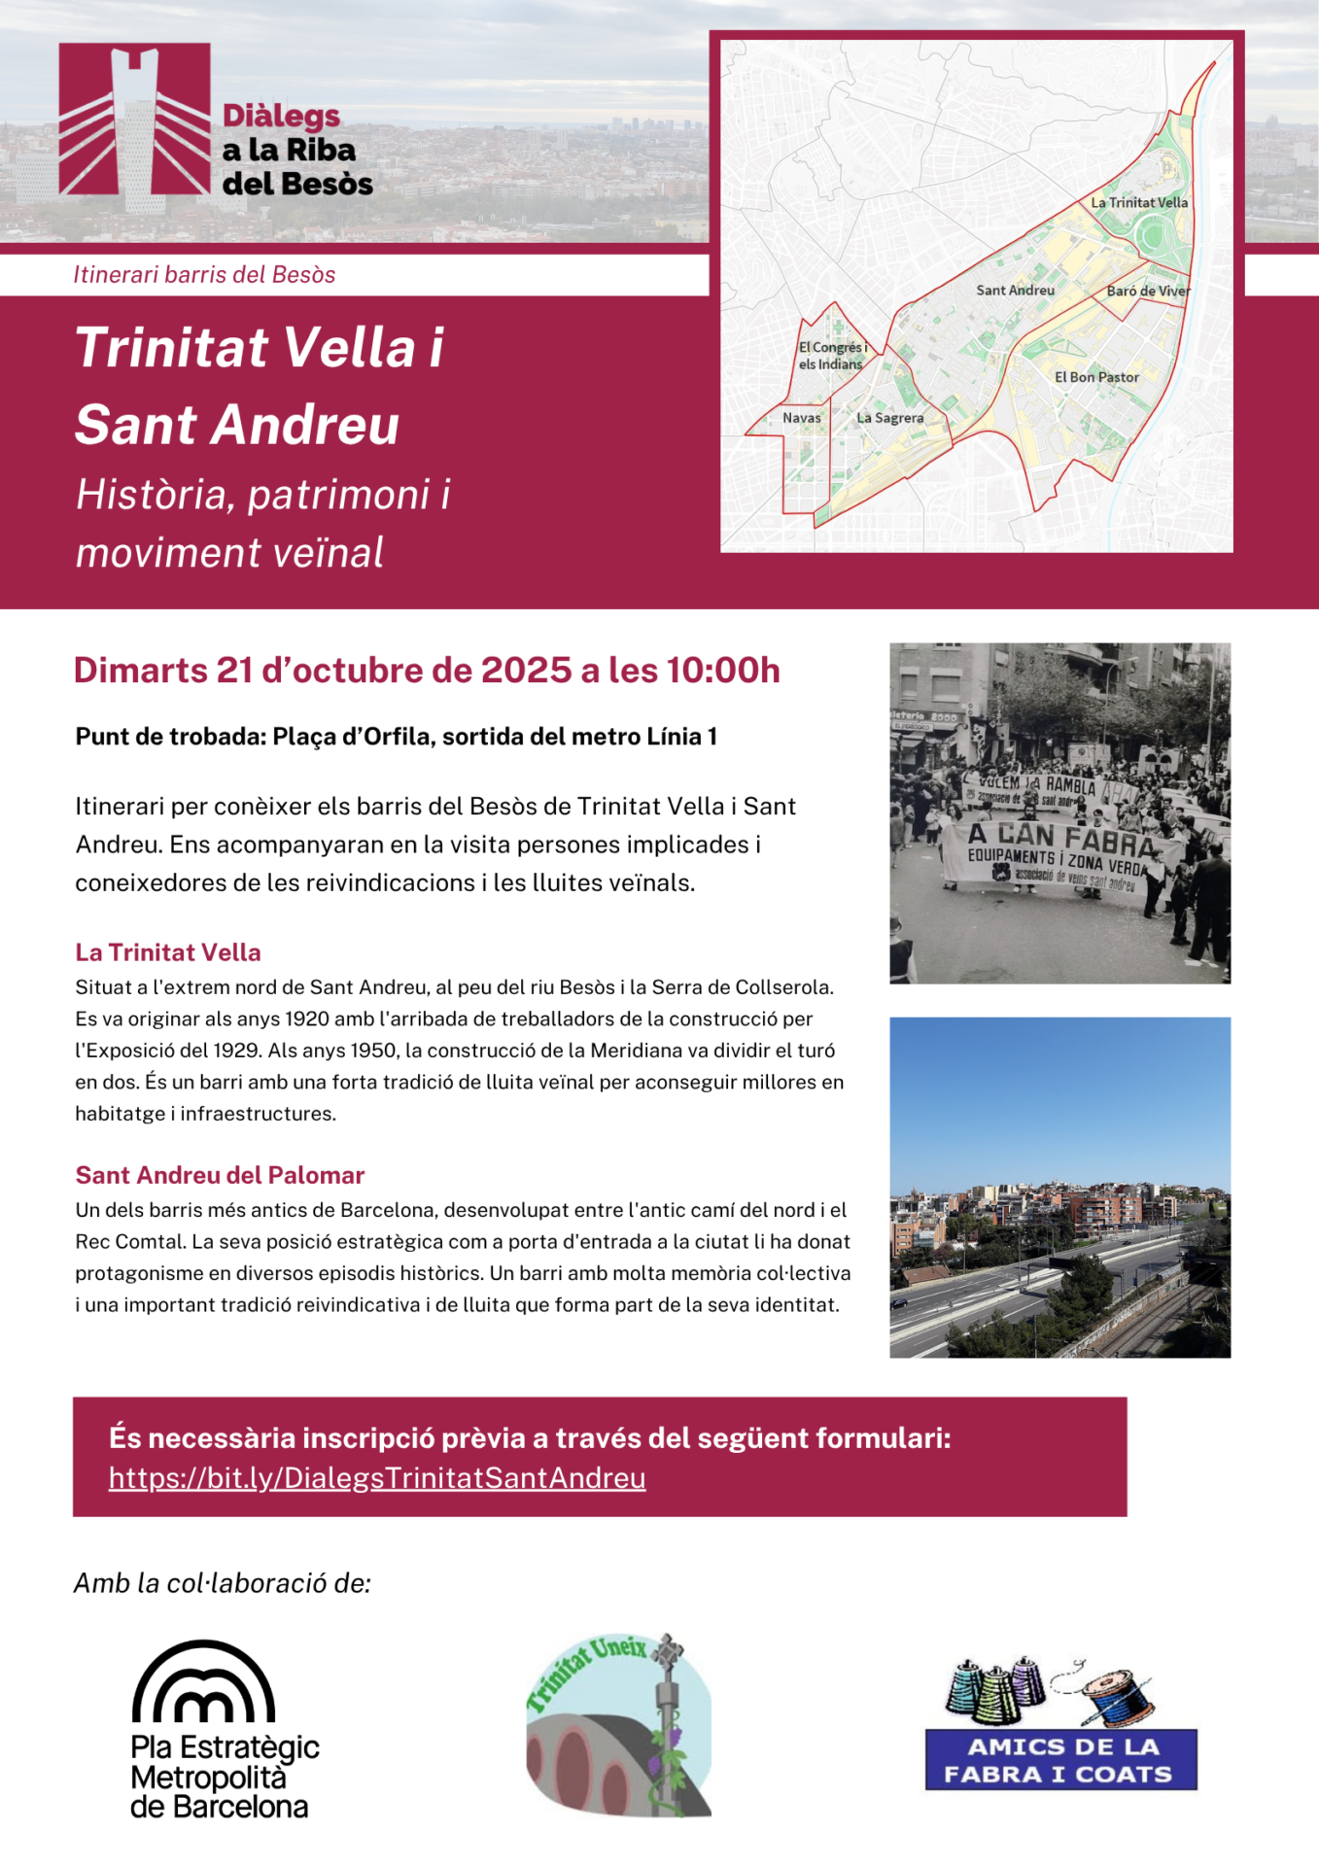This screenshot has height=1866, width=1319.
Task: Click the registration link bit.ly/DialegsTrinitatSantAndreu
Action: point(377,1478)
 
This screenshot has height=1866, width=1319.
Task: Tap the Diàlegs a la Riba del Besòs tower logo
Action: point(134,121)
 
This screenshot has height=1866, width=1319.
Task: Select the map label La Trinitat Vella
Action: point(1138,203)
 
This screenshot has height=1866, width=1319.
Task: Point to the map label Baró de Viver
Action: point(1147,291)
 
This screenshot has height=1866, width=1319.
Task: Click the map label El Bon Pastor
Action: point(1096,377)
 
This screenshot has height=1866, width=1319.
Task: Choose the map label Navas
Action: point(802,418)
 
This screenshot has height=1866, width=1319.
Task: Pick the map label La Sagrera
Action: point(889,418)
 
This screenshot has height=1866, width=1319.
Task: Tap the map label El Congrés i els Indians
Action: point(832,356)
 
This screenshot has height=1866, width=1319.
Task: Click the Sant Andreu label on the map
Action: point(1015,291)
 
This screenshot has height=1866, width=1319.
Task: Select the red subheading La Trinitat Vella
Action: point(168,952)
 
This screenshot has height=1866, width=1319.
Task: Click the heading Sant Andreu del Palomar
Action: point(220,1175)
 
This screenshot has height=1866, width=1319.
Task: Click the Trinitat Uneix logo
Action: point(618,1724)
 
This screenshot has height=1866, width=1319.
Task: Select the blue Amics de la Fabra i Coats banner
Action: point(1060,1760)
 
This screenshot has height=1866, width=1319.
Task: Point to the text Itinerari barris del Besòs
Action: point(204,275)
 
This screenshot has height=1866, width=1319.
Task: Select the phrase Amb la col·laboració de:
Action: point(223,1583)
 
